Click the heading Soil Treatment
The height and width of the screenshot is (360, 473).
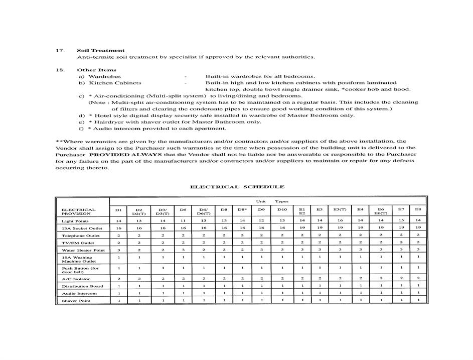100,50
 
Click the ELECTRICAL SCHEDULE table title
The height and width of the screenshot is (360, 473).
237,187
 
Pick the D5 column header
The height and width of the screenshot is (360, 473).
183,209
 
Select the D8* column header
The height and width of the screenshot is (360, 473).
242,209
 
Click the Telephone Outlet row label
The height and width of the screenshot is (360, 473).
80,235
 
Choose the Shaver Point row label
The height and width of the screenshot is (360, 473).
76,301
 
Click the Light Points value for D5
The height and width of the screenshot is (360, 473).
183,221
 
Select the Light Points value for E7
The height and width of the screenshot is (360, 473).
401,221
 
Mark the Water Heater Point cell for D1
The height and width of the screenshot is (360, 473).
118,250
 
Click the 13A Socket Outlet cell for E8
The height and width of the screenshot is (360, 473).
418,228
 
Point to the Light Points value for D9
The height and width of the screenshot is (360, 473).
261,221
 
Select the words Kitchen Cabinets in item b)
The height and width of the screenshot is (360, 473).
115,83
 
